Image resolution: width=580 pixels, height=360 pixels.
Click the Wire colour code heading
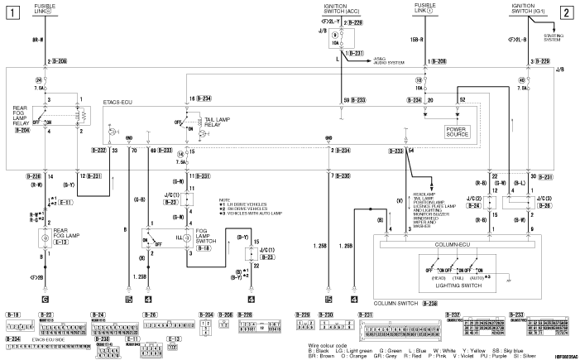(x=320, y=341)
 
